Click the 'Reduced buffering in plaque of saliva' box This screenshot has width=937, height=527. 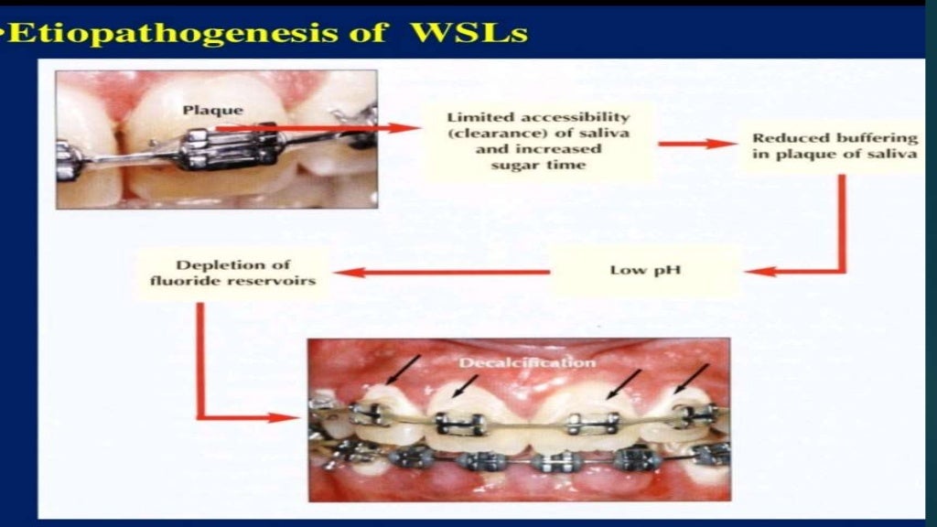coord(835,145)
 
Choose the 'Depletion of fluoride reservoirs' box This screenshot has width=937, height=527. coord(233,273)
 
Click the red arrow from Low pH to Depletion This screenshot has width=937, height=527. coord(439,272)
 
